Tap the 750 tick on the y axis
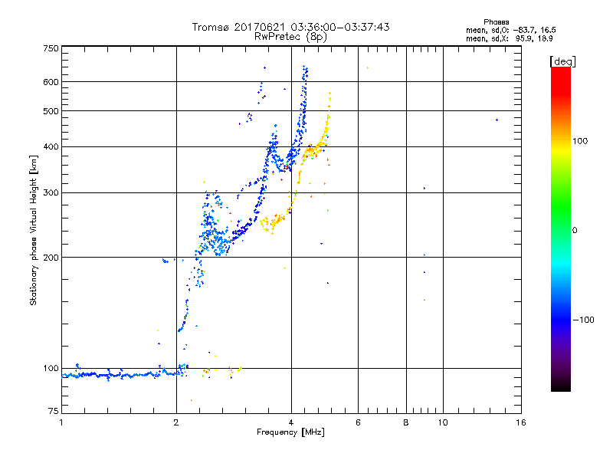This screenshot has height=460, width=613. click(51, 48)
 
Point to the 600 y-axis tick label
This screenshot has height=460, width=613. click(51, 82)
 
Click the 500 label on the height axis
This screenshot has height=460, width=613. click(51, 111)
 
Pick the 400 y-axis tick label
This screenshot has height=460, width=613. click(51, 146)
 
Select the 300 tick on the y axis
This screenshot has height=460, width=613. click(51, 192)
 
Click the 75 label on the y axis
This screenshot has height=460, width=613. click(53, 413)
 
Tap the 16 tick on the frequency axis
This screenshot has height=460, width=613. click(520, 422)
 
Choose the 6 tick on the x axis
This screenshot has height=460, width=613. click(358, 422)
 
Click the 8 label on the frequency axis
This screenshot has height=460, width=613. click(406, 422)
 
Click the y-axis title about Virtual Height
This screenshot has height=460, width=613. click(34, 230)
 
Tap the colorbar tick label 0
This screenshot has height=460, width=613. click(575, 230)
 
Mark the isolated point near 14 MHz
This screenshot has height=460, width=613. click(497, 120)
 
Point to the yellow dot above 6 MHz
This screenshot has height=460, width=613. click(368, 67)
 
